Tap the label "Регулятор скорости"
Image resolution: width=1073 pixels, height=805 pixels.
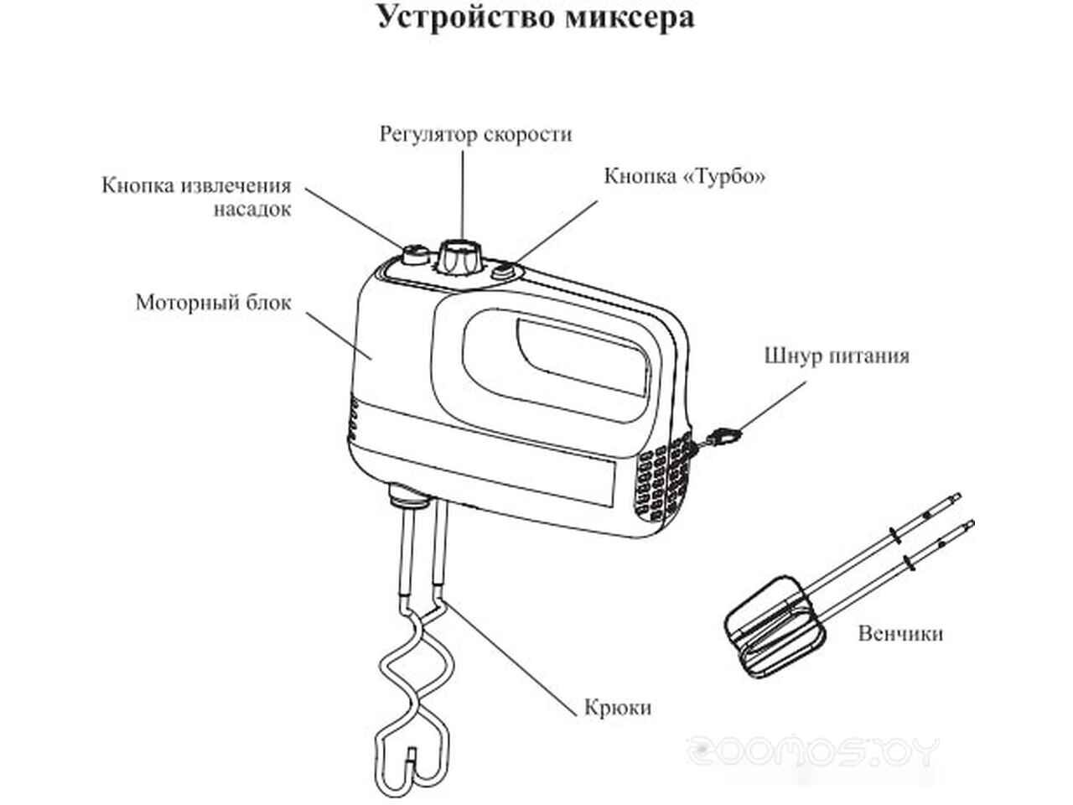(475, 134)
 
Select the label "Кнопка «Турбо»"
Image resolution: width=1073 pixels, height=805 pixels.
(685, 177)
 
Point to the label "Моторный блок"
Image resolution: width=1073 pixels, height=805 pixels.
(213, 302)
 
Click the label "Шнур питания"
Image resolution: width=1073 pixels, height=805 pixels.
(836, 356)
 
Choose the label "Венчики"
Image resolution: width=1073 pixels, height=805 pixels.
(899, 633)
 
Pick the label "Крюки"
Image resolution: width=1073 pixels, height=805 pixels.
(617, 708)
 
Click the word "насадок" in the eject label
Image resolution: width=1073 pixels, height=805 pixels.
(251, 209)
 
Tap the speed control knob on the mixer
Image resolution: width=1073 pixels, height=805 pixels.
(459, 256)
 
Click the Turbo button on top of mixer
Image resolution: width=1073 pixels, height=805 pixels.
(504, 270)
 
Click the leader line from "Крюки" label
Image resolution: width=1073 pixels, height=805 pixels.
(511, 662)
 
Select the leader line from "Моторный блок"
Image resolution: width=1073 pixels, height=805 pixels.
(340, 335)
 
